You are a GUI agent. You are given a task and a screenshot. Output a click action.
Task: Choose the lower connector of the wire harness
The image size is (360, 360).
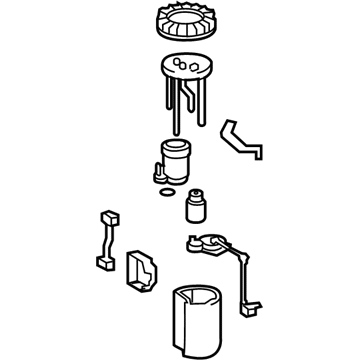pyautogui.click(x=103, y=264)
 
